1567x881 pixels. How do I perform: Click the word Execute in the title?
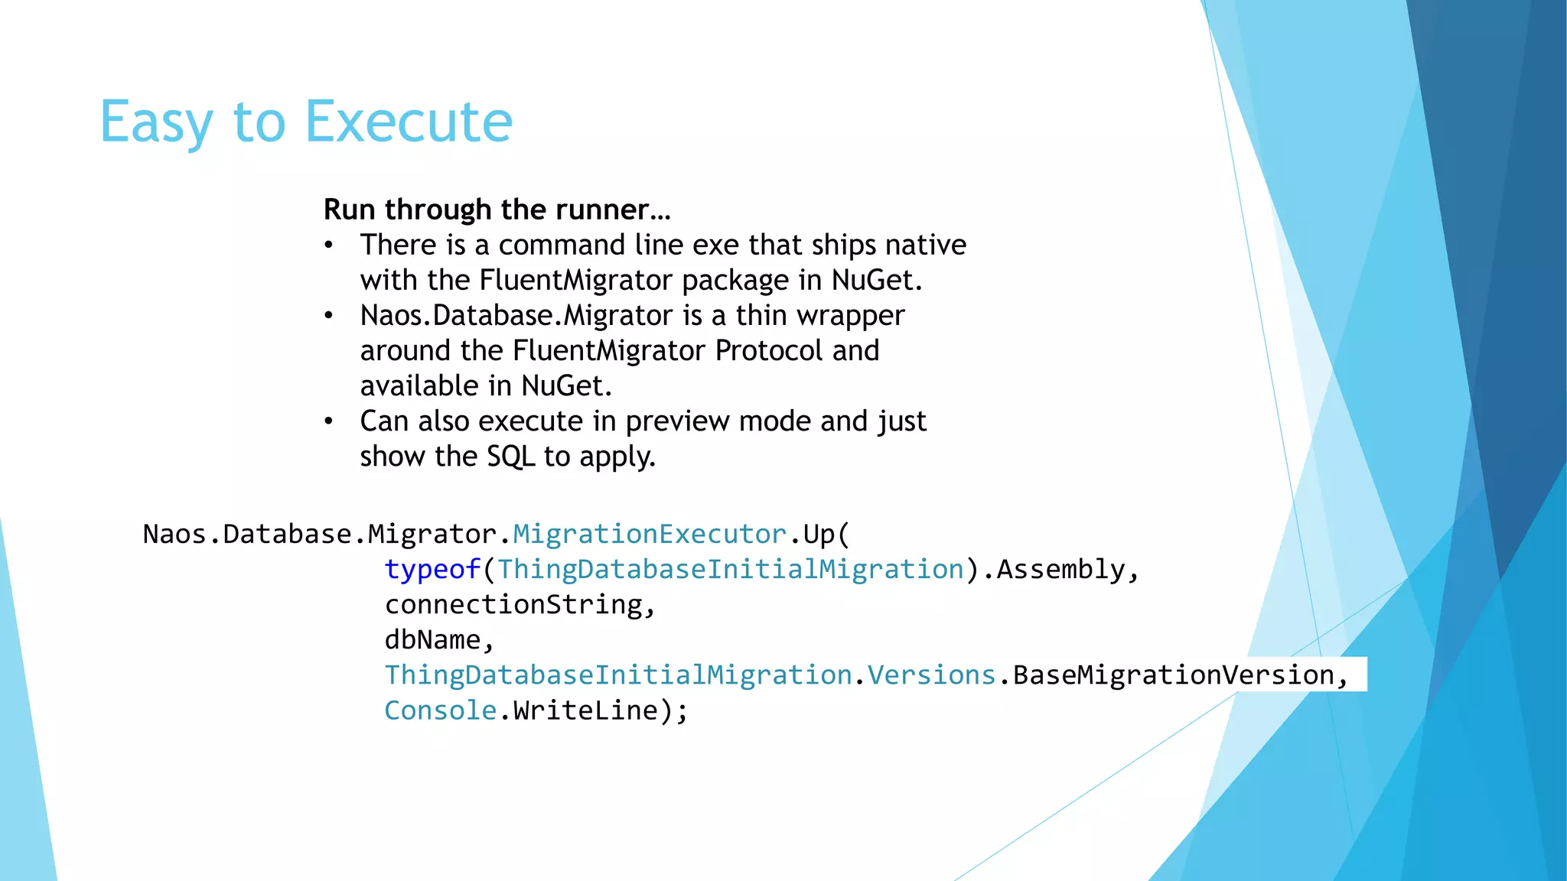coord(409,122)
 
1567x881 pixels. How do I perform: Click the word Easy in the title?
coord(156,122)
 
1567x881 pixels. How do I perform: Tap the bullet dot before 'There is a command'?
coord(328,245)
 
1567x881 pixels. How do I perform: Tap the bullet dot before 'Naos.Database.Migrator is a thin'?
coord(328,316)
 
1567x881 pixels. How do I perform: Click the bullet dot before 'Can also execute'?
coord(328,421)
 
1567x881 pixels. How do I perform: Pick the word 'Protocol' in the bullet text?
coord(769,351)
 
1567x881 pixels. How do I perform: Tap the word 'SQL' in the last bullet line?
coord(510,457)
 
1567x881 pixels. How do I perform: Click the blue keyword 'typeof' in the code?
coord(432,570)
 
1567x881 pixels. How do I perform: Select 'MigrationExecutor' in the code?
coord(650,534)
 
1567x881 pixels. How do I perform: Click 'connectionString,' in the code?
coord(520,605)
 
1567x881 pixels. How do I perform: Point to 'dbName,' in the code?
coord(439,640)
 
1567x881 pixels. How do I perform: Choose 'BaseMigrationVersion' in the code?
coord(1174,675)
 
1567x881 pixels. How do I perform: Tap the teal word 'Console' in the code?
coord(440,710)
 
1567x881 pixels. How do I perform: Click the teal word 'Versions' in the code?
coord(931,675)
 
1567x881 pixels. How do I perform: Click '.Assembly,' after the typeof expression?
coord(1060,570)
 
